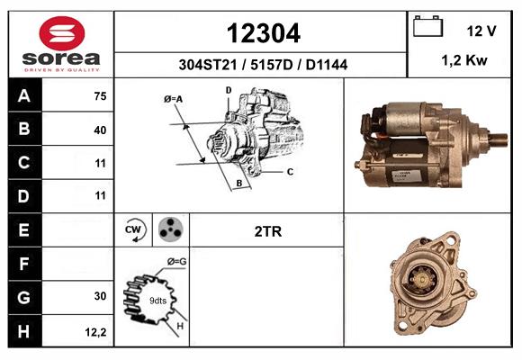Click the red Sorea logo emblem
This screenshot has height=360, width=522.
(x=62, y=33)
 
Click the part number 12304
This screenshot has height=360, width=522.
(x=264, y=33)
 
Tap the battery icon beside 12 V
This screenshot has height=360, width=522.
(x=427, y=26)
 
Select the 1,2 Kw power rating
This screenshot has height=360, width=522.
(x=464, y=60)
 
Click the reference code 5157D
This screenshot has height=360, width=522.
(x=271, y=65)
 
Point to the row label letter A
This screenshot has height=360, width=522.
(x=24, y=96)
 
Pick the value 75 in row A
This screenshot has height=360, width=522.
(x=100, y=96)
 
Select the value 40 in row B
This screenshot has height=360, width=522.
(x=100, y=130)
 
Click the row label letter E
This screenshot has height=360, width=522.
(x=23, y=230)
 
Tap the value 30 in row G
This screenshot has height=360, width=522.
(x=100, y=296)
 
